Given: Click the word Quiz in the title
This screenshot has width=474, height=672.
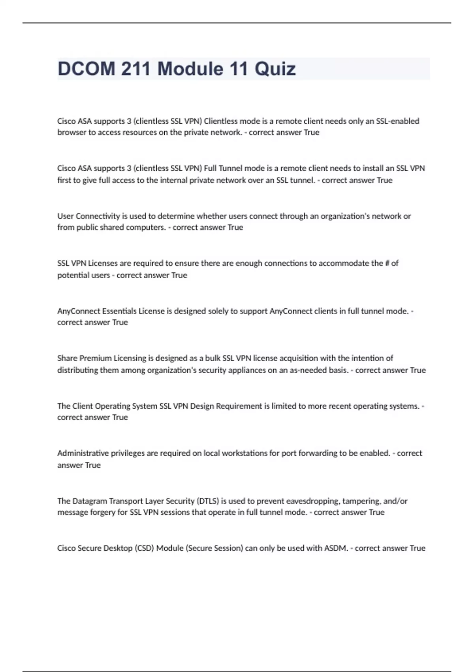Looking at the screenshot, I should click(275, 69).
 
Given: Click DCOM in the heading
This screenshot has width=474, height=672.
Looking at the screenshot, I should click(87, 69).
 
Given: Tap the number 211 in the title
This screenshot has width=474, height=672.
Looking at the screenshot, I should click(136, 69).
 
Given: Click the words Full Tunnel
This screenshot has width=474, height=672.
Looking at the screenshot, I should click(223, 168).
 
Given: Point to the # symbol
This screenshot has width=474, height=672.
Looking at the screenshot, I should click(387, 263).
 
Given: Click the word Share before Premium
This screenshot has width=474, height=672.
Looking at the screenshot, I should click(67, 358).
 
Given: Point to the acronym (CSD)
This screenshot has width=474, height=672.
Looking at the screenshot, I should click(144, 548).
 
